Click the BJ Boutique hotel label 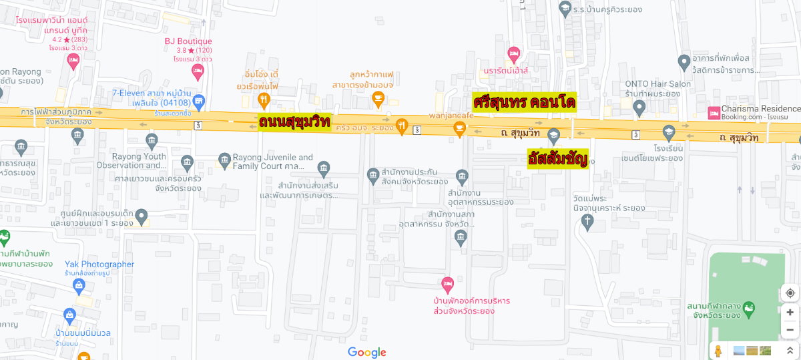point(188,41)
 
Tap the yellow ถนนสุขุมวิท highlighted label point(294,122)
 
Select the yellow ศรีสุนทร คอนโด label point(524,102)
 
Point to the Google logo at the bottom point(366,353)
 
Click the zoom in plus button point(790,312)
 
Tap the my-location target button point(790,293)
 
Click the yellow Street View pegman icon point(718,351)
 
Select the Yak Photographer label point(99,264)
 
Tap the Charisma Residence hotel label point(761,109)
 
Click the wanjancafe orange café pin point(459,131)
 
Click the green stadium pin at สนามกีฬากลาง point(750,308)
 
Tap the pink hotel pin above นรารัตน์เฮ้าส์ point(513,53)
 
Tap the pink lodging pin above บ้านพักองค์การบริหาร point(448,284)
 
